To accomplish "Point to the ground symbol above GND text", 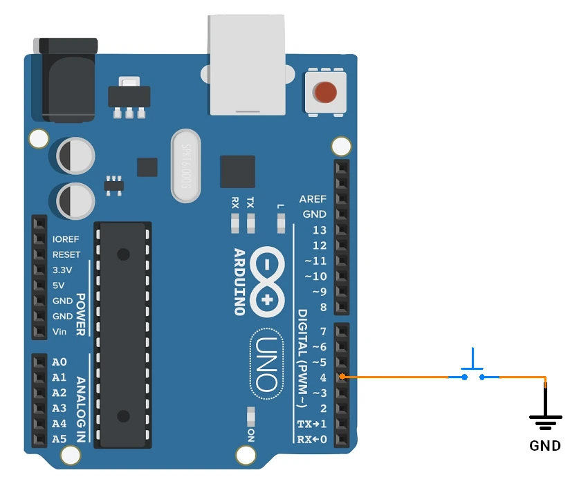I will (x=545, y=419).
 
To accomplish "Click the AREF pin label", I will (x=313, y=199).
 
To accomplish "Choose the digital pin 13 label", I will (x=319, y=230).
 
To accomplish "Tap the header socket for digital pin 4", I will (x=342, y=377).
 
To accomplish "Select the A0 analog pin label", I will (x=59, y=362).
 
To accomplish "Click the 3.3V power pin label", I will (x=64, y=270).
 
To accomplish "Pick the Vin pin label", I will (x=60, y=331).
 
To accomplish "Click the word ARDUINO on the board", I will (x=239, y=281).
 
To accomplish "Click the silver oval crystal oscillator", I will (x=185, y=167).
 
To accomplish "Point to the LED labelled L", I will (x=280, y=223).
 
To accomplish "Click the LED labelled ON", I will (x=250, y=416).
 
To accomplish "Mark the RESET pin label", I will (x=66, y=255).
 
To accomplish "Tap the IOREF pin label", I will (x=66, y=240).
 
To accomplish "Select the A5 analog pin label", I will (x=59, y=438).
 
